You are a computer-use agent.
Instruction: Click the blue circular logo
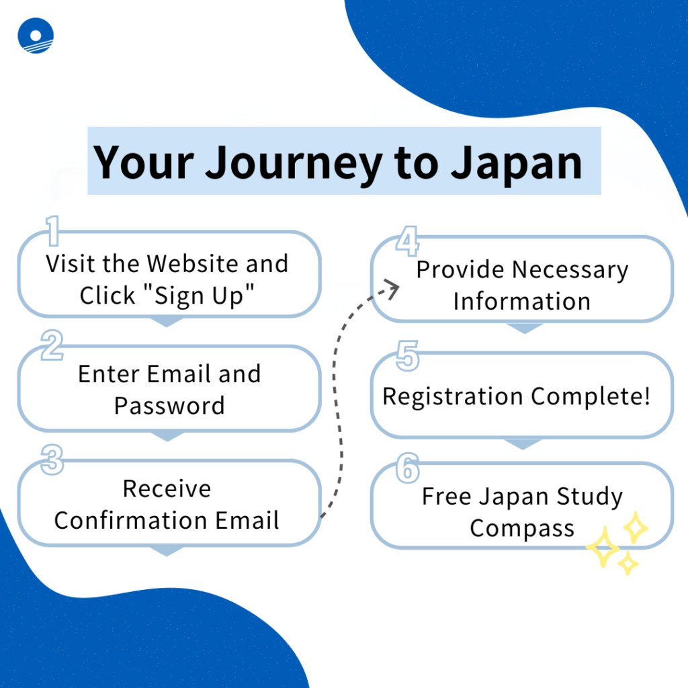click(x=36, y=36)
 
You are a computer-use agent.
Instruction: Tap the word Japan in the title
click(x=517, y=164)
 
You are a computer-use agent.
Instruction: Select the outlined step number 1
click(x=52, y=231)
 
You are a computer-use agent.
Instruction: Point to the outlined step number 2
click(x=52, y=345)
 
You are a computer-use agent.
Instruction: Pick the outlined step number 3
click(x=52, y=460)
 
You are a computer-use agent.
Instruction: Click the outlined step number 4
click(x=408, y=241)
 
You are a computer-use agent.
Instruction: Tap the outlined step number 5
click(x=408, y=356)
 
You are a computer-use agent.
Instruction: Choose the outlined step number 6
click(x=408, y=468)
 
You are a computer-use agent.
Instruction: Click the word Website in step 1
click(x=193, y=263)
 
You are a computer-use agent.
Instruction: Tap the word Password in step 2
click(x=169, y=405)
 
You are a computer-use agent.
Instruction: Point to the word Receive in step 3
click(x=167, y=489)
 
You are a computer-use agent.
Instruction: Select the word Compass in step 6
click(x=522, y=529)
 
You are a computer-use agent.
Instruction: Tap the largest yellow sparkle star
click(x=603, y=547)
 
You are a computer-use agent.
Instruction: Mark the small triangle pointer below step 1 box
click(x=167, y=322)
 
